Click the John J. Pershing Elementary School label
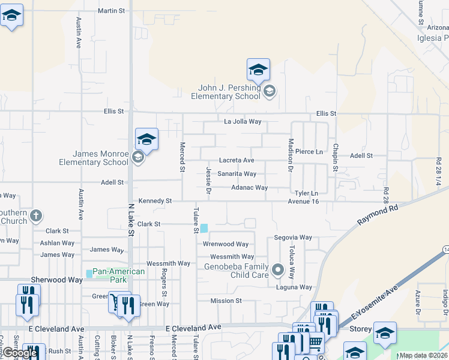click(226, 92)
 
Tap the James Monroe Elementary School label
click(94, 158)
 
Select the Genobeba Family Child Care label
click(236, 271)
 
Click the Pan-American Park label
click(119, 275)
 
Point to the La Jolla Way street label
click(243, 121)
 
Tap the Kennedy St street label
click(155, 200)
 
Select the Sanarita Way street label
click(237, 174)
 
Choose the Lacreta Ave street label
click(237, 160)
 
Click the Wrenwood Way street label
click(226, 244)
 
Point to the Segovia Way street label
click(293, 238)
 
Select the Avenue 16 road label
click(303, 201)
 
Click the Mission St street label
click(226, 301)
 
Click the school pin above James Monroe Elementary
click(146, 139)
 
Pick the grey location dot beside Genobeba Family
click(277, 271)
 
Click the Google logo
click(19, 353)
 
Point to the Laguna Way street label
click(294, 287)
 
